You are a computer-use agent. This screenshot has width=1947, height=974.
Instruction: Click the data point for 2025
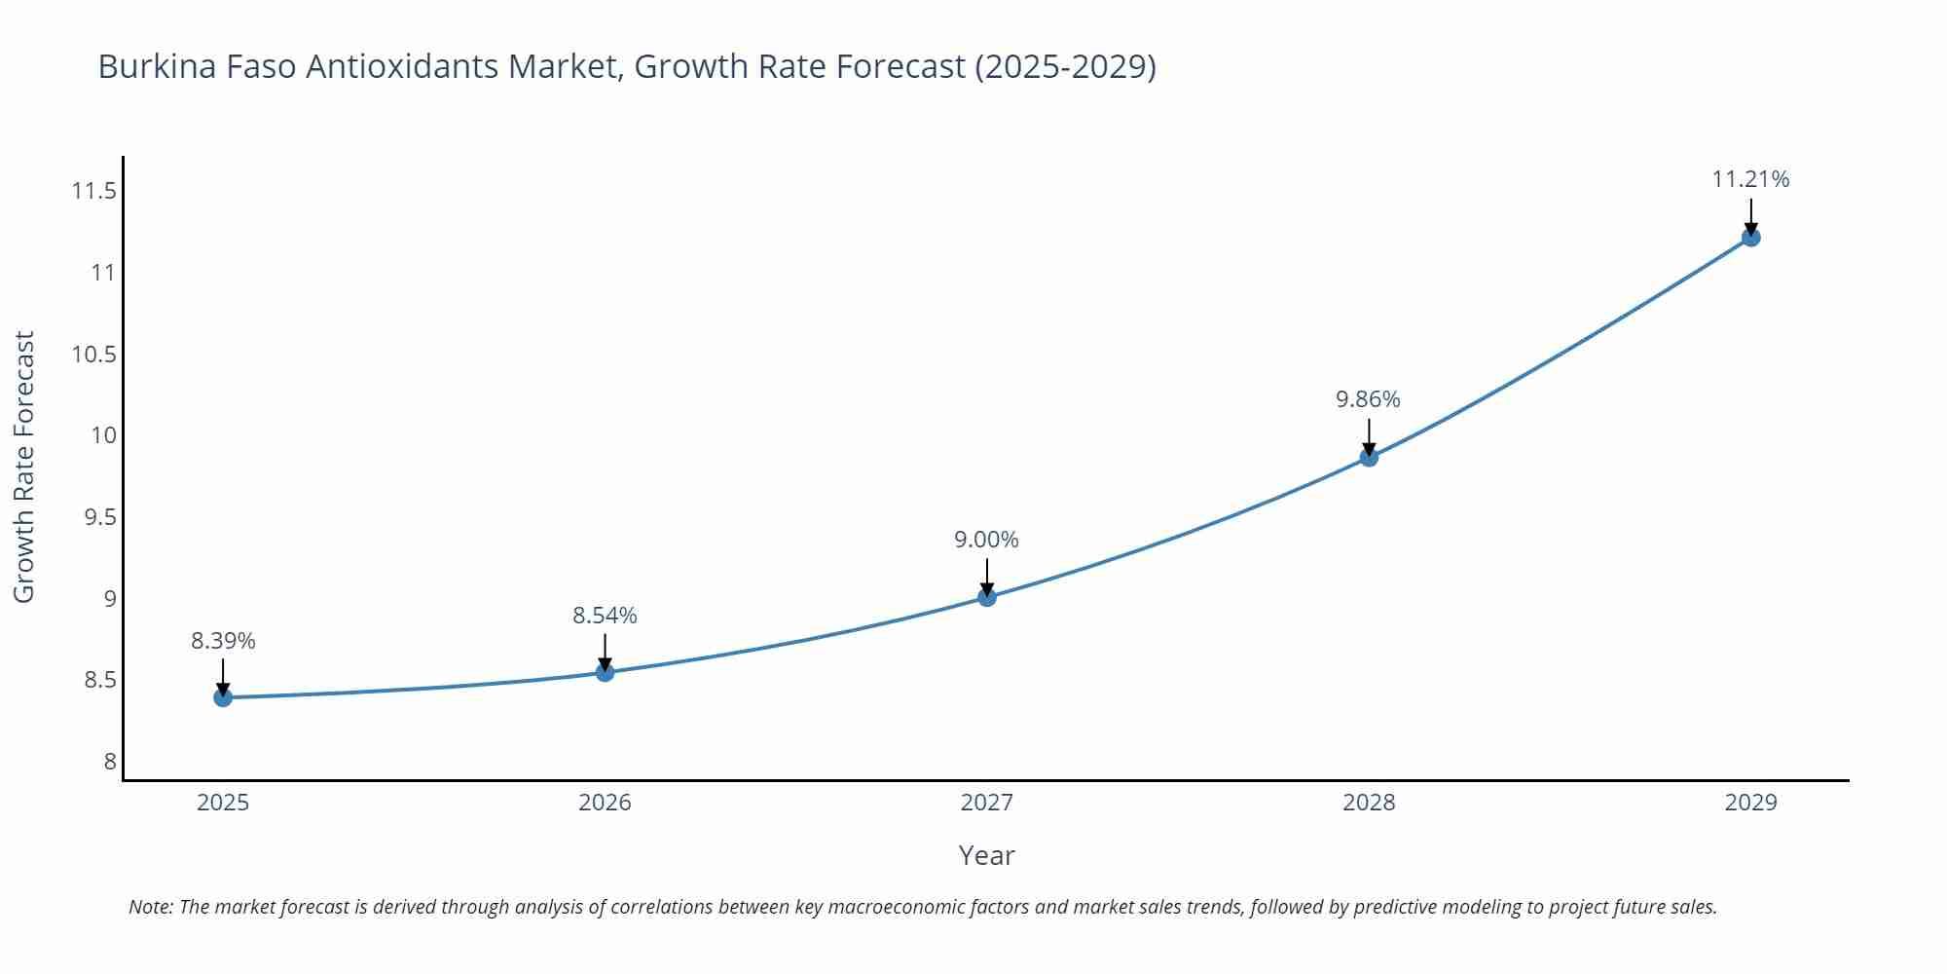click(223, 697)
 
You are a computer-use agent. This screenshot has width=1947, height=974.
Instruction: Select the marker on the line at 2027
click(987, 597)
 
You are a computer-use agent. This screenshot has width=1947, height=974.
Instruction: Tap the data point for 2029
click(1750, 237)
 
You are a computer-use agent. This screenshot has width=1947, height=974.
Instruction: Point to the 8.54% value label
click(605, 616)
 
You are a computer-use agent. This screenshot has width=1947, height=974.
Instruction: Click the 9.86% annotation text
click(1368, 399)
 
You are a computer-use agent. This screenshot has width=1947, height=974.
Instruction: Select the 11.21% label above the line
click(1750, 179)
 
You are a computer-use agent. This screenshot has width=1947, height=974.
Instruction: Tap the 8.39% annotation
click(223, 641)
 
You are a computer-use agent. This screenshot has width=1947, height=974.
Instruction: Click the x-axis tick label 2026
click(605, 803)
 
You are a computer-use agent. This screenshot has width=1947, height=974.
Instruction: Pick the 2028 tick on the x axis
click(1368, 803)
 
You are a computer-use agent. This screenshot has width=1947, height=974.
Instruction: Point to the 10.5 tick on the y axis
click(93, 355)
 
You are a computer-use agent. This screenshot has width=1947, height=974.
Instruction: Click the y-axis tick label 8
click(110, 762)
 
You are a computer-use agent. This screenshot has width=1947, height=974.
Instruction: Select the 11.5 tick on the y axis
click(93, 191)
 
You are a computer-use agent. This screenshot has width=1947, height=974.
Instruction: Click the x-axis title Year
click(986, 855)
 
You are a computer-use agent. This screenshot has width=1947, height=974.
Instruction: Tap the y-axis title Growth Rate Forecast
click(24, 467)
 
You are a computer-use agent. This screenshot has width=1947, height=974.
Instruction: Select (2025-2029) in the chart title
click(1065, 66)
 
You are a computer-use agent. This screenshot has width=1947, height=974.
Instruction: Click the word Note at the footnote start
click(150, 907)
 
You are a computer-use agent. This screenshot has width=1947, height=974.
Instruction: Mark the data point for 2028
click(1369, 457)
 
